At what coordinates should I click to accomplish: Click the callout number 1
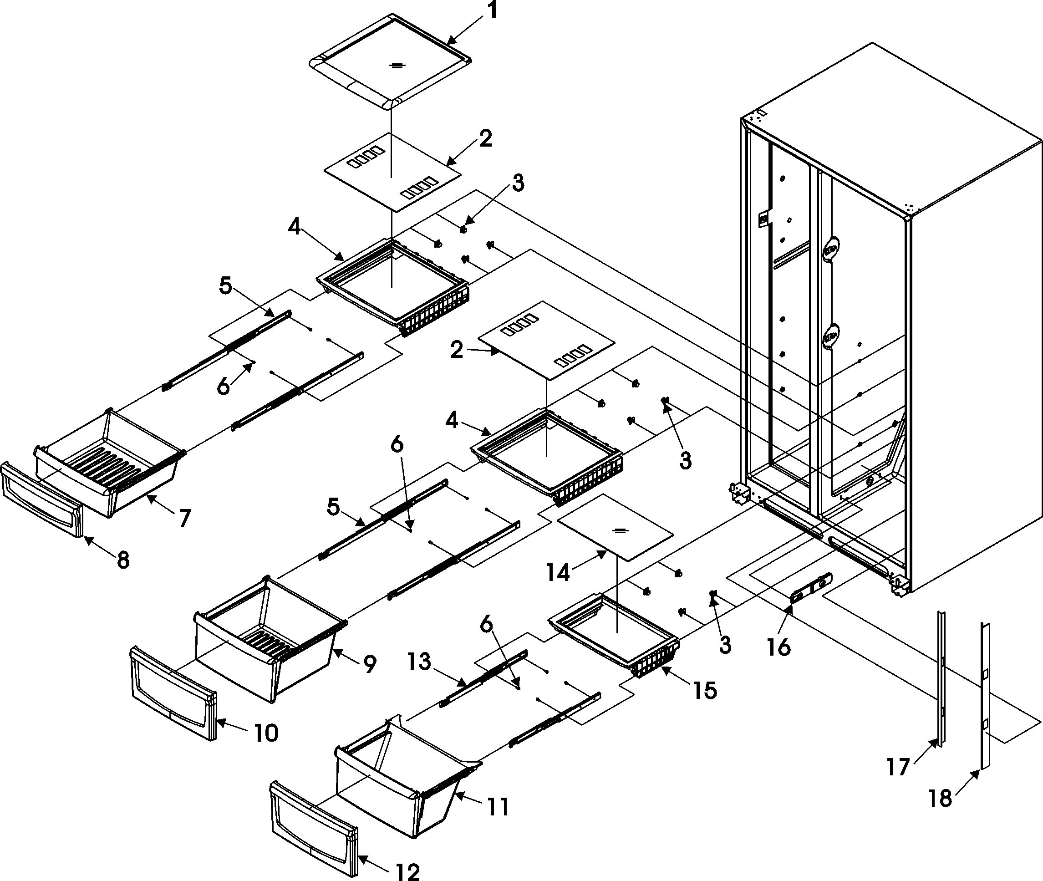click(492, 10)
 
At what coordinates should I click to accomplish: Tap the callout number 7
click(185, 519)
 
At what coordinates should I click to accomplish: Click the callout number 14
click(558, 573)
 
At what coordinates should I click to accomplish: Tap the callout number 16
click(779, 647)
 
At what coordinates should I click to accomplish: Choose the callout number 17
click(898, 766)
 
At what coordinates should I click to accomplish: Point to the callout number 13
click(418, 662)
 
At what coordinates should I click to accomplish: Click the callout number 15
click(704, 691)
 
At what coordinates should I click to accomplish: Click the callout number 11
click(497, 807)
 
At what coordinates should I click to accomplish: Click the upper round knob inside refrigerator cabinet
click(830, 248)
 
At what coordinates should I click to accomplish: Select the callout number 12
click(407, 871)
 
